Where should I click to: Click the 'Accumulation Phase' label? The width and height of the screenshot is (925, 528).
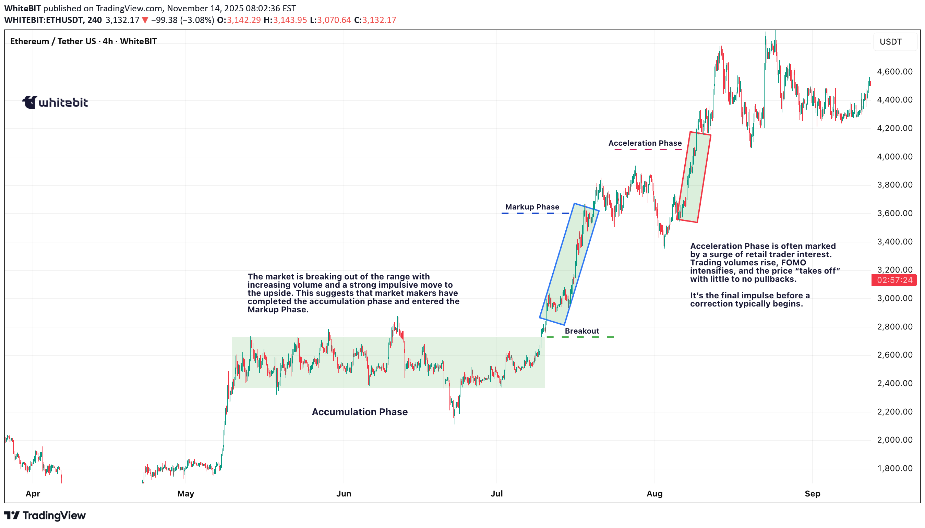point(359,412)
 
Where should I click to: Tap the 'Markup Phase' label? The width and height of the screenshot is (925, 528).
point(532,207)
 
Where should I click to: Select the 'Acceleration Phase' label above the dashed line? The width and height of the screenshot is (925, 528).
point(645,143)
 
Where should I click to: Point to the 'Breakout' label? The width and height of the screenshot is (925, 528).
point(581,331)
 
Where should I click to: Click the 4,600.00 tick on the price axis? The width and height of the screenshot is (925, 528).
point(894,71)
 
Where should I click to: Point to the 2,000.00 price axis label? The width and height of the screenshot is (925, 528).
point(894,440)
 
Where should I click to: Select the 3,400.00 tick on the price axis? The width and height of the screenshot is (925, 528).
point(894,241)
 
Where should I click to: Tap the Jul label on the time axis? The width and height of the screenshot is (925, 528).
point(496,494)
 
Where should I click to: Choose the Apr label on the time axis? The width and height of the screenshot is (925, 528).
point(33,494)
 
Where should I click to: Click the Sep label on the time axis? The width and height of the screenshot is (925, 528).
point(812,494)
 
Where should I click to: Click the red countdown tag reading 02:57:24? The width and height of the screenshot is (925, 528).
point(894,280)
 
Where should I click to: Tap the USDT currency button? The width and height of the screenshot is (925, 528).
point(891,42)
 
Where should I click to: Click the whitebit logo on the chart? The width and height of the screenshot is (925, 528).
point(55,102)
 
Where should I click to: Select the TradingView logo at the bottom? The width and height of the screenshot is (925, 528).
point(45,515)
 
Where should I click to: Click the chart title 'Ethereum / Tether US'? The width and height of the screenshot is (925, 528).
point(53,41)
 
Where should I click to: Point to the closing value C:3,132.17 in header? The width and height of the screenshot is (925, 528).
point(375,20)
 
